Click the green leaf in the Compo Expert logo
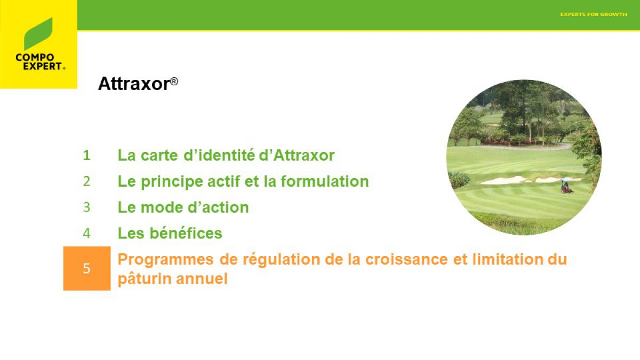[38, 34]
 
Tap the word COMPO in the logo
[35, 58]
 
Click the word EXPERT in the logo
[43, 66]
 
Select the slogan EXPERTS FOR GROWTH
[594, 14]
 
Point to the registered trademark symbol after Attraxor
[174, 82]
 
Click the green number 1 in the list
[86, 155]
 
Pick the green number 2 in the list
[86, 181]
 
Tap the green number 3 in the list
[86, 207]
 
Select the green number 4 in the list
[86, 234]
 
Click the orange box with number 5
[87, 268]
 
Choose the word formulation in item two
[325, 181]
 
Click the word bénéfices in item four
[186, 233]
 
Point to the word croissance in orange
[406, 259]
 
